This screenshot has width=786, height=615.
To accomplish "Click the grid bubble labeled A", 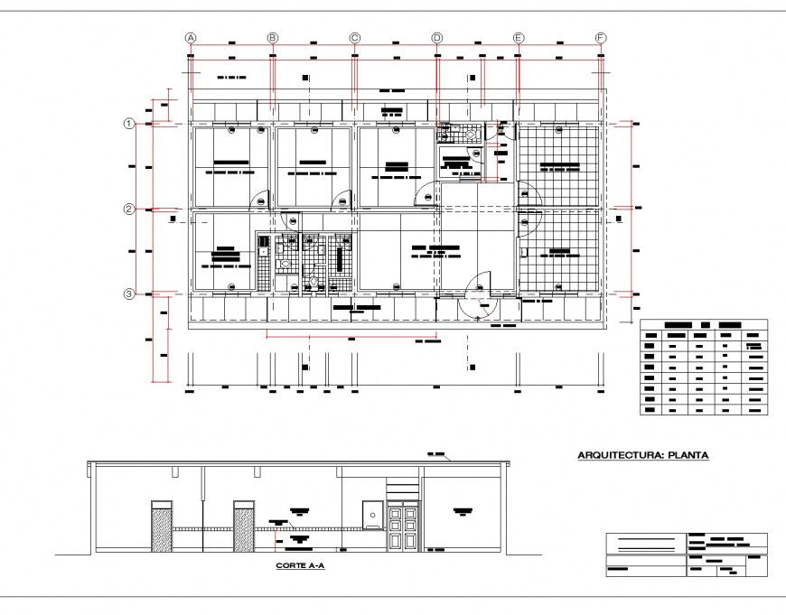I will coord(191,38).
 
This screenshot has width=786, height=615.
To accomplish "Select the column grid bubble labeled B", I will coord(273,38).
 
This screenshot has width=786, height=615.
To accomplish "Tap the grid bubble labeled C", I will coord(355,38).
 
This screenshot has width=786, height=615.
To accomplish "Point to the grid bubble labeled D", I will coord(437,38).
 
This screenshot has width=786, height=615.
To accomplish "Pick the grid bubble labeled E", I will coord(519,38).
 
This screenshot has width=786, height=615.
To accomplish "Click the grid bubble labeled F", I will coord(601,38).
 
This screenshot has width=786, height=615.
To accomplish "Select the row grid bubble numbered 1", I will coord(129,124).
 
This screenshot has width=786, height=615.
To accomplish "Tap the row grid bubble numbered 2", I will coord(129,210).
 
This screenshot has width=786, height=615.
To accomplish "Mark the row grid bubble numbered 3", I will coord(129,294).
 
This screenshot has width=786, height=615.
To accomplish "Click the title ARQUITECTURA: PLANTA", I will coord(642,456).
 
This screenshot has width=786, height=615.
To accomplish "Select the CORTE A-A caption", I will coord(300,566).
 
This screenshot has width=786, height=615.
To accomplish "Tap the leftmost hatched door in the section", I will coord(162,526).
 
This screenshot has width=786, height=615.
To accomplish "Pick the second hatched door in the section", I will coord(244,526).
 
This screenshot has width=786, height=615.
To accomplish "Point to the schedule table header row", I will coord(703,324).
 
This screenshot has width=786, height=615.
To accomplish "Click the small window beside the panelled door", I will coord(371,512).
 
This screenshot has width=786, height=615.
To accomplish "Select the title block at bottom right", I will coord(686,554).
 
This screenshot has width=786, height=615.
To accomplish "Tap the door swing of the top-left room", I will coord(260,199).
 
